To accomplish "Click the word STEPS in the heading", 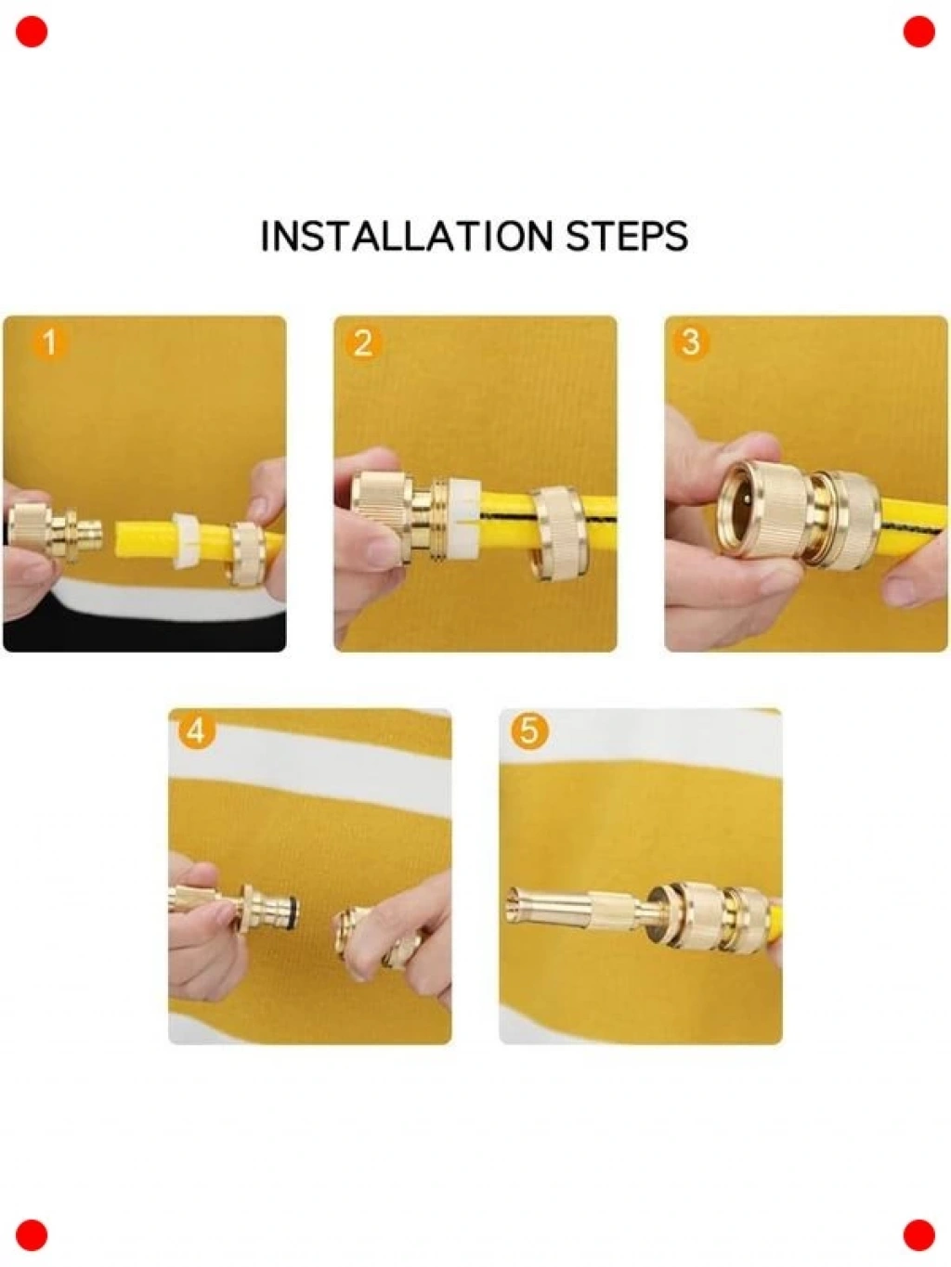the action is pos(627,236).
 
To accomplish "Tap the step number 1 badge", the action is pos(49,343).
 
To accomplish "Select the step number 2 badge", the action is pos(362,343).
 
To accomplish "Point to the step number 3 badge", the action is pos(691,343).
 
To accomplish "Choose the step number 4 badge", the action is pos(196,732).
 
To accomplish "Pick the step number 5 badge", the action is pos(529,732).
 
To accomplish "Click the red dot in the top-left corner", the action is pos(32,32).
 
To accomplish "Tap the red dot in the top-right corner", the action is pos(919,32).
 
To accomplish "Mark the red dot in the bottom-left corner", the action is pos(32,1235).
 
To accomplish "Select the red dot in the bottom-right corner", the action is pos(919,1235).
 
